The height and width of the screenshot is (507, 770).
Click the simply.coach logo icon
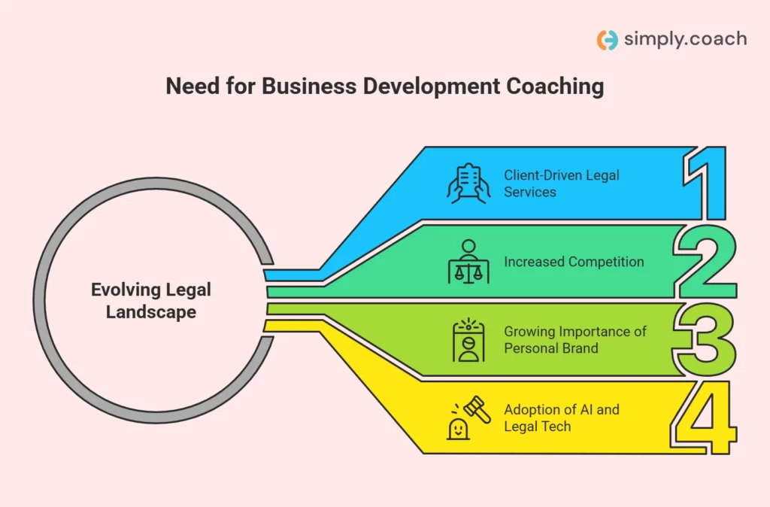pyautogui.click(x=607, y=40)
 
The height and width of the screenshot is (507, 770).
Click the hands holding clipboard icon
pyautogui.click(x=468, y=183)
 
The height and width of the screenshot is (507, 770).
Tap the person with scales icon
pyautogui.click(x=468, y=262)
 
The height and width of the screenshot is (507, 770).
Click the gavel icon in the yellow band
pyautogui.click(x=477, y=408)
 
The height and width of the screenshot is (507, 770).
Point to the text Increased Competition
pyautogui.click(x=574, y=262)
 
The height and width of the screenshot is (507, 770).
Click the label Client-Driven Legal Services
pyautogui.click(x=562, y=184)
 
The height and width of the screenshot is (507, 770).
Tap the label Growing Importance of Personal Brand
pyautogui.click(x=575, y=339)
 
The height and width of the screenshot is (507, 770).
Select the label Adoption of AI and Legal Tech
pyautogui.click(x=562, y=417)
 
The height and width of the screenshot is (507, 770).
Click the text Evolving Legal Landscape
pyautogui.click(x=151, y=300)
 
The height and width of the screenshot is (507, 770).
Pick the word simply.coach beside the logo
pyautogui.click(x=685, y=39)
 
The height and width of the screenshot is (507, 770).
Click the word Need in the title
pyautogui.click(x=191, y=87)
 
